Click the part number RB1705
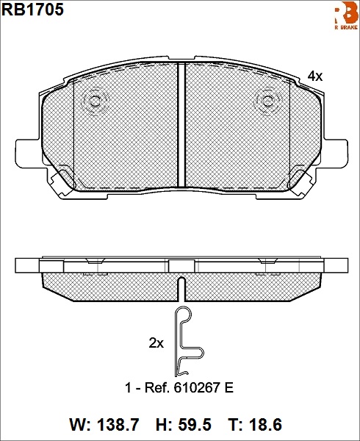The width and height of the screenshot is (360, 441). [32, 10]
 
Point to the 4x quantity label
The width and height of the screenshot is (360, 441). [314, 76]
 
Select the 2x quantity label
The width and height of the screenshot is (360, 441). [156, 343]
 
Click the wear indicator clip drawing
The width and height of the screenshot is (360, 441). [181, 341]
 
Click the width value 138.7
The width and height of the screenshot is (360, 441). [118, 425]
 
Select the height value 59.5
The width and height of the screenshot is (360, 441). [195, 425]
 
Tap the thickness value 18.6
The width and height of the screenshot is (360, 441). [265, 425]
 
